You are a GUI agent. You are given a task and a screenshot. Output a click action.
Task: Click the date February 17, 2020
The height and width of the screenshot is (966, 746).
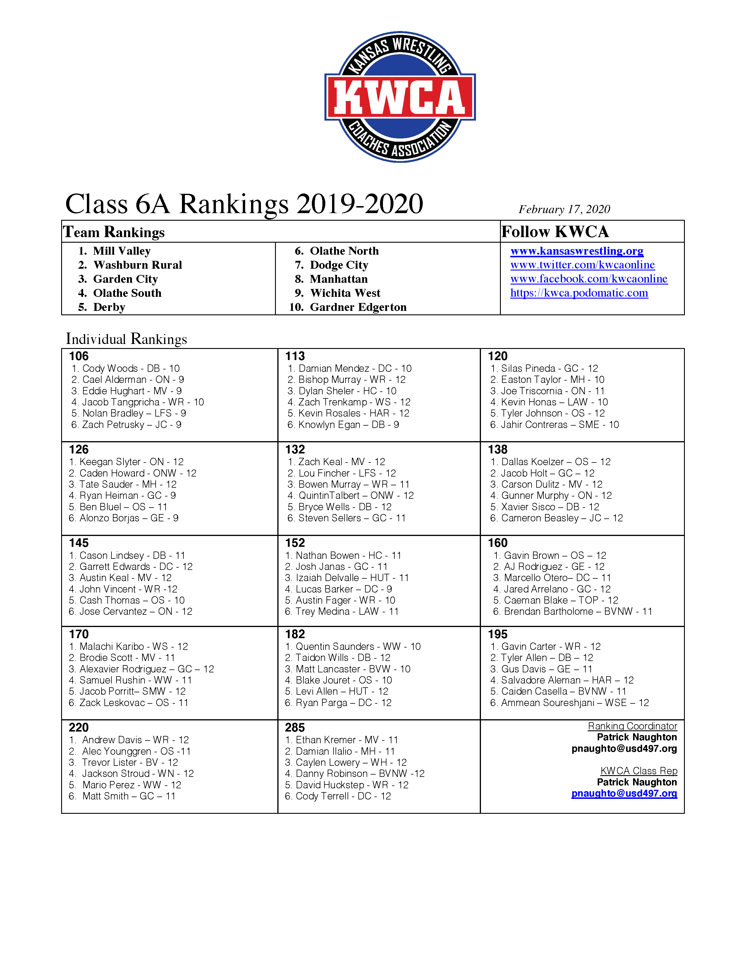tap(564, 209)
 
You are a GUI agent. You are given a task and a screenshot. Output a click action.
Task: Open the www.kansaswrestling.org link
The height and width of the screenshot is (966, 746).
tap(577, 251)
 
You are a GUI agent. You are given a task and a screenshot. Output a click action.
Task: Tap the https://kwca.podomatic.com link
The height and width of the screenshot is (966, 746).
tap(579, 293)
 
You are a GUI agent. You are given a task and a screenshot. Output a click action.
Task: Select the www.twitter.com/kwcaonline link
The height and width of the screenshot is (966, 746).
tap(582, 265)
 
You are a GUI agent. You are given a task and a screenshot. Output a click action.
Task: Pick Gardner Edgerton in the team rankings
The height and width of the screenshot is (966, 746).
tap(358, 307)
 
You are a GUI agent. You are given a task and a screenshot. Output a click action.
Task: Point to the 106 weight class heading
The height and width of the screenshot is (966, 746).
tap(79, 356)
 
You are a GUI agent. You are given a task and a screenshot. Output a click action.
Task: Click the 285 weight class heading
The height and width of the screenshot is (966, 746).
tap(295, 728)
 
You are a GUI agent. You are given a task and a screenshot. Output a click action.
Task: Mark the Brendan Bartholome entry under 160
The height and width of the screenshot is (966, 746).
tap(572, 611)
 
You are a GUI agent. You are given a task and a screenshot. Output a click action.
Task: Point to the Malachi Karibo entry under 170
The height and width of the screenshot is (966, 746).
tap(128, 646)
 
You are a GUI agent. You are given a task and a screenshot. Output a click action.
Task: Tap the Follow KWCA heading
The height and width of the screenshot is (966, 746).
tap(555, 231)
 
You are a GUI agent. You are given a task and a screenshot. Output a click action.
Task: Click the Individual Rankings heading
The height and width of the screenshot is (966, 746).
tap(126, 339)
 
